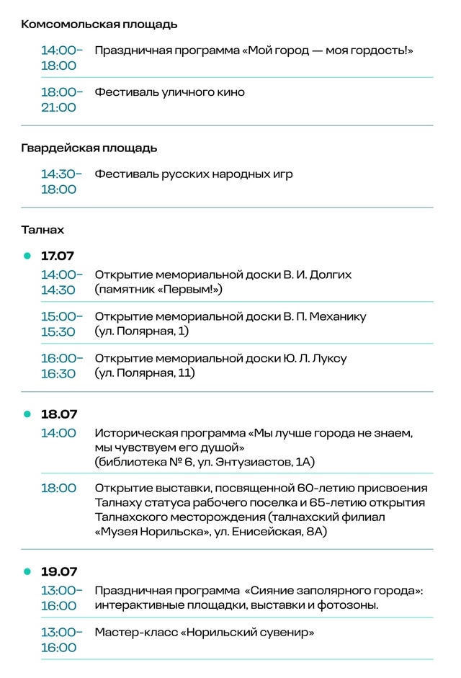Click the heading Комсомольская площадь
99,24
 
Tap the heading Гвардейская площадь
89,148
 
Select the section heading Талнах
42,230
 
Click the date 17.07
58,256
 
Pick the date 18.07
58,414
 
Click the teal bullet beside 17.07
27,256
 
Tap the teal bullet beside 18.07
27,414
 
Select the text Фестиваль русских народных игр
193,174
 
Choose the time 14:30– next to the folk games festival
61,174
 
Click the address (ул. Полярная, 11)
145,373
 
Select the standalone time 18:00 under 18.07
58,488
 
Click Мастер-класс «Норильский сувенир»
205,633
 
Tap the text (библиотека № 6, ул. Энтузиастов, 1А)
205,461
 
